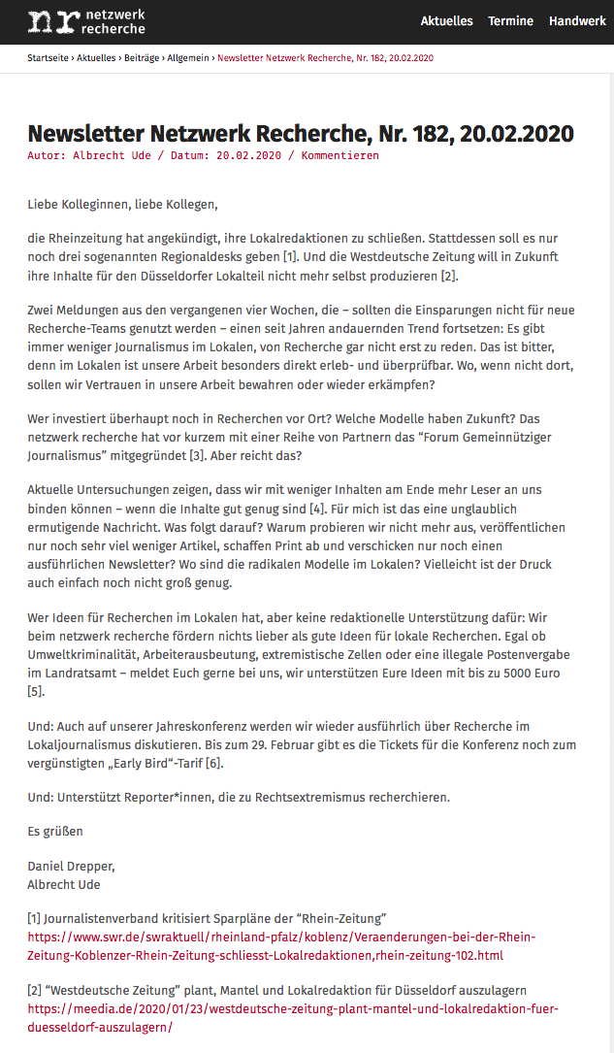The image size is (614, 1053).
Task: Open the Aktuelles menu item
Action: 446,21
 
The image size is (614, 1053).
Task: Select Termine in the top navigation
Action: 510,21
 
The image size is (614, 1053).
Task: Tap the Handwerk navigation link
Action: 577,21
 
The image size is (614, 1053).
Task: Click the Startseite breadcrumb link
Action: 48,58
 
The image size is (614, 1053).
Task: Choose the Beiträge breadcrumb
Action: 144,58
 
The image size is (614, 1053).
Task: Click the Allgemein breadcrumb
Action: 188,58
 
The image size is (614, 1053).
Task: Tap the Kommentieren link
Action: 339,155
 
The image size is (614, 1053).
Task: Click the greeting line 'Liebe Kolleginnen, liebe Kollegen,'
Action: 122,205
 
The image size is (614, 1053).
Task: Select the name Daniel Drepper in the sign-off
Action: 71,865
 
